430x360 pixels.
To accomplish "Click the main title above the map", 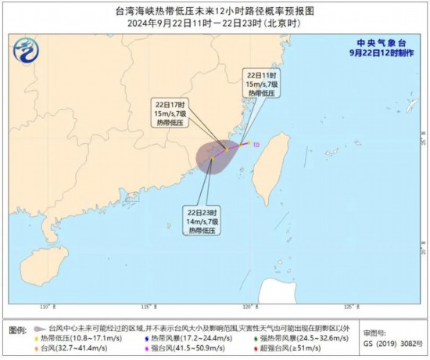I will pyautogui.click(x=215, y=10).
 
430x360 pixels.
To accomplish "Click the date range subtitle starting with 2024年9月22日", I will pyautogui.click(x=215, y=23).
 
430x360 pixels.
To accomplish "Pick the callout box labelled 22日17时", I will pyautogui.click(x=170, y=114).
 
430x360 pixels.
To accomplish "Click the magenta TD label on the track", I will pyautogui.click(x=256, y=144).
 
